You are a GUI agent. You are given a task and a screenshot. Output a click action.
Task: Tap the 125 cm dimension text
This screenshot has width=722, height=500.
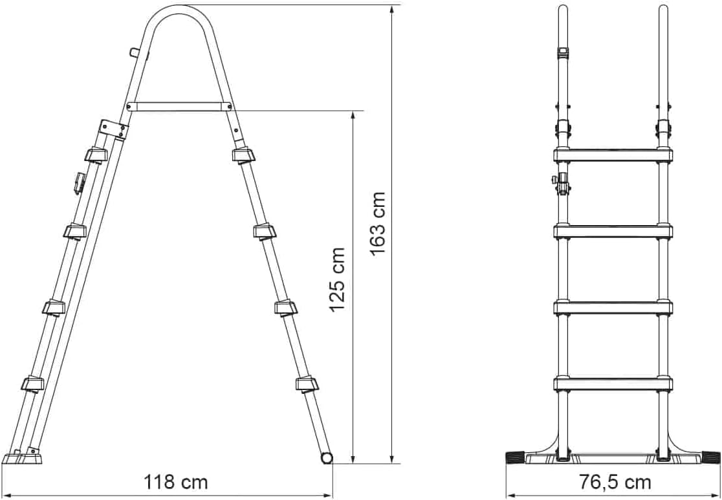point(338,279)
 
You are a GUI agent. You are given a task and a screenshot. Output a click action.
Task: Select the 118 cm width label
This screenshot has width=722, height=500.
point(175,483)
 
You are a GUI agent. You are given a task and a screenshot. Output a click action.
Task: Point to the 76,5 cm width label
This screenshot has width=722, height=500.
point(615,483)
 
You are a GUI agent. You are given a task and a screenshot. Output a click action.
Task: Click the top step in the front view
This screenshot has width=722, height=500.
point(613,155)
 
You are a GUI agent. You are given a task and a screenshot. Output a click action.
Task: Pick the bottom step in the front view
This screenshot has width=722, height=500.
point(613,384)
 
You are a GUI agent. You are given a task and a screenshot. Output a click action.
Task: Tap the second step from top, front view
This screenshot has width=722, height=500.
point(613,231)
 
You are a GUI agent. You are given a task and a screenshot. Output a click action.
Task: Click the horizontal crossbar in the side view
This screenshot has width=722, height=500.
point(179,107)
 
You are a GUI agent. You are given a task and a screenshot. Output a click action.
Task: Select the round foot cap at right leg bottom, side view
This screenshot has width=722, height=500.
point(327,458)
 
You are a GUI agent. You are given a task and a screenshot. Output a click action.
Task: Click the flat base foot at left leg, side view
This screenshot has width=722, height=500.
point(22,457)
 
